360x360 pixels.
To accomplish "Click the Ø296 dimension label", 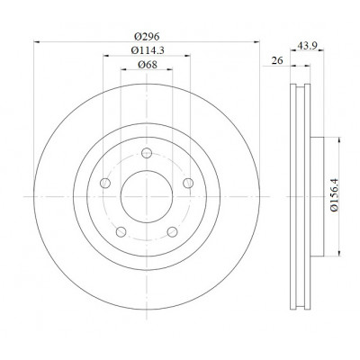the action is [x=147, y=37].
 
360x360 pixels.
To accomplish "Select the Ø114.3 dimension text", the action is [x=148, y=50].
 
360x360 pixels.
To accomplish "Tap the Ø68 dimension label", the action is [x=148, y=64].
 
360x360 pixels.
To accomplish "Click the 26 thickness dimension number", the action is [x=277, y=60].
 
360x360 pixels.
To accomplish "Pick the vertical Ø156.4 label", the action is [x=334, y=195].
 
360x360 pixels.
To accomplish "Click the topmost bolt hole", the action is [x=147, y=153].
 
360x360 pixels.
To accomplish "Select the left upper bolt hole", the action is [x=105, y=183].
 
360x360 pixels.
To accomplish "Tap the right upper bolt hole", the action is [x=188, y=183].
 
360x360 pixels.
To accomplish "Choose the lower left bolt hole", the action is [x=121, y=231].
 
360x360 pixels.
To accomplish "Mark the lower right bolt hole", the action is [x=172, y=231].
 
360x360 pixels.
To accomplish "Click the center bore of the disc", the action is [x=147, y=196].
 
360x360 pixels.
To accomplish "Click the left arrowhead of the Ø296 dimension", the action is [x=37, y=42].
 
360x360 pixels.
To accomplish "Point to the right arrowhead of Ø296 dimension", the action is [x=256, y=42].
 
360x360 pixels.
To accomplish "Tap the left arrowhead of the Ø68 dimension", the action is [x=124, y=69].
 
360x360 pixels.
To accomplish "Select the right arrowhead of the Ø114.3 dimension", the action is [x=187, y=56].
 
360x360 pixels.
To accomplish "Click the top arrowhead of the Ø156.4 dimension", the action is [x=339, y=140].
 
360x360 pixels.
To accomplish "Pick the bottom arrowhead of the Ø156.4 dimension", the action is [x=339, y=253].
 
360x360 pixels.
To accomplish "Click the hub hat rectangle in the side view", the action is [x=317, y=197].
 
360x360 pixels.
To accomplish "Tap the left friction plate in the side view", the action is [x=293, y=197].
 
